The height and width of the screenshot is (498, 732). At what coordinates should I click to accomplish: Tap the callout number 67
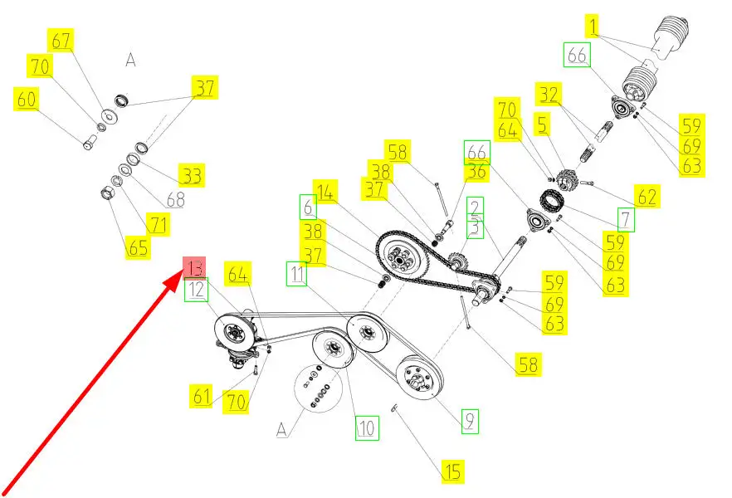(61, 41)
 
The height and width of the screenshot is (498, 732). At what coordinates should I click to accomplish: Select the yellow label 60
(27, 99)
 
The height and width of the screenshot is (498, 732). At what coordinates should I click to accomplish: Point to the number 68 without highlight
(176, 200)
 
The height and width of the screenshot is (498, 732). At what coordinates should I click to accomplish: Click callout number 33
(192, 175)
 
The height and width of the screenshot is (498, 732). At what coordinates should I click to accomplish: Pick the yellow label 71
(159, 224)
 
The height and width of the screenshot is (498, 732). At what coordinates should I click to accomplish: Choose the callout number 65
(138, 247)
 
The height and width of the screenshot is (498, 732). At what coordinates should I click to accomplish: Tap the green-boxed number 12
(196, 290)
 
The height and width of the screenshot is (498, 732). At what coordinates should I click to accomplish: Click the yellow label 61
(201, 396)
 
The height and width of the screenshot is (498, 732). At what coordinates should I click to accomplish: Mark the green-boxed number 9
(470, 421)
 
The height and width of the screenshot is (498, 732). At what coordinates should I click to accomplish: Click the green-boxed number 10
(367, 427)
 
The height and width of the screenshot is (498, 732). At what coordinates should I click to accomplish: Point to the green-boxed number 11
(297, 274)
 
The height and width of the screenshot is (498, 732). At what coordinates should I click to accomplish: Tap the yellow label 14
(325, 192)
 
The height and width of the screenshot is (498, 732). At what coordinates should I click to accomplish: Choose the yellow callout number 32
(549, 95)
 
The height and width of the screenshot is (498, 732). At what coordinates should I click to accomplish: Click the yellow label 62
(647, 197)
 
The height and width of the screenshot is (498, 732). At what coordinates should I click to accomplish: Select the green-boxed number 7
(626, 219)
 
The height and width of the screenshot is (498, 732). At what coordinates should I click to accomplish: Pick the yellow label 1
(593, 26)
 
